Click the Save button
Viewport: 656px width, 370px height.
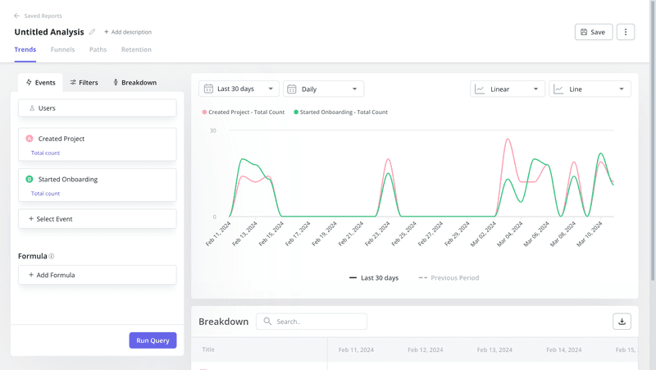click(593, 32)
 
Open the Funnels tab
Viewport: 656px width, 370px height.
click(62, 49)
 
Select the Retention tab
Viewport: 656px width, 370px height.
click(136, 49)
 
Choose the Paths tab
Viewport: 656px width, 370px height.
click(98, 49)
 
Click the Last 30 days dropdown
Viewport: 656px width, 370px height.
click(239, 89)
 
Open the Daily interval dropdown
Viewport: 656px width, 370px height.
click(323, 89)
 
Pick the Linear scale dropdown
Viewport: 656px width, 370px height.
click(508, 89)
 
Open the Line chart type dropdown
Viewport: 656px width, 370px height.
click(590, 89)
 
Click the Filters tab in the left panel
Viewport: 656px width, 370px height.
click(84, 82)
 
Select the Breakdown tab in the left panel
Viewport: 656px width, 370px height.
click(134, 82)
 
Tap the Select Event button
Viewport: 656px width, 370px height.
click(97, 219)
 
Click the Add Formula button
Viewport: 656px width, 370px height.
click(97, 275)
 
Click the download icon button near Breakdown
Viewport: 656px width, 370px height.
click(622, 322)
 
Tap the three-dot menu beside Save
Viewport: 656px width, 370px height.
click(626, 32)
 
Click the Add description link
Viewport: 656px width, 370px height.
click(128, 32)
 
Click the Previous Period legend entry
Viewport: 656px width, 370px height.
click(449, 278)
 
